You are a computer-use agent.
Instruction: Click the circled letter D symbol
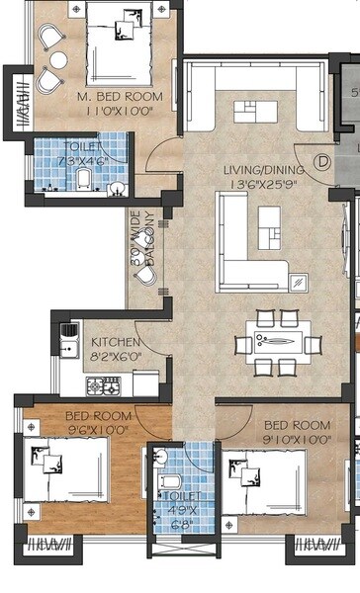coord(321,160)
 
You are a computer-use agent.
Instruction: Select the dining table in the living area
coord(278,344)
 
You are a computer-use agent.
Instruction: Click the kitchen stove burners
coord(102,383)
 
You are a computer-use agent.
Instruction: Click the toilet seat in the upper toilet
coord(84,179)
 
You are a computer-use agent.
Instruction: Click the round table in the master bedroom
coord(59,61)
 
